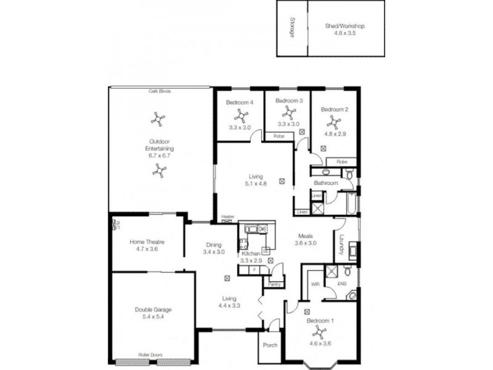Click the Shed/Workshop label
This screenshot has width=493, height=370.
point(345,27)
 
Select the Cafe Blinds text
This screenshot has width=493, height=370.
point(160,91)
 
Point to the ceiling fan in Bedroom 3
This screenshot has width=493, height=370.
point(288,112)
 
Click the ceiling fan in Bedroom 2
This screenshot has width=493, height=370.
point(335,121)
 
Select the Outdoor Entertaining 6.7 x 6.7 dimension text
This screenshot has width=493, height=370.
point(159,156)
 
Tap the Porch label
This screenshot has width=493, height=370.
point(270,345)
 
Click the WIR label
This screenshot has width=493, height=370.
point(314,284)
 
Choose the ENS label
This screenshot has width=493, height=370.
point(343,284)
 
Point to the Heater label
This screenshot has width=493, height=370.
point(227,217)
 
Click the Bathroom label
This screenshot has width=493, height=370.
point(325,183)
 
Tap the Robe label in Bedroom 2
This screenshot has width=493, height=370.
point(341,162)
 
